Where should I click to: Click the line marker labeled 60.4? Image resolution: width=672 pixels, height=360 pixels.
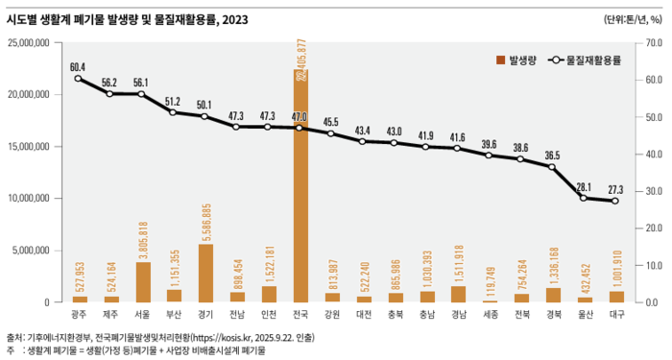pos(79,78)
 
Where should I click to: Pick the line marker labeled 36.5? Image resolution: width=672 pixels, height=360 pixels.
pos(552,167)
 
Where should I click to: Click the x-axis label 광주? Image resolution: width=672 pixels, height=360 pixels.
pos(79,313)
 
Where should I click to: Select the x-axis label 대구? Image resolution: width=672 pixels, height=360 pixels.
pos(615,313)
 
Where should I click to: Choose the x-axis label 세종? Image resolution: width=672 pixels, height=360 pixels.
pos(490,313)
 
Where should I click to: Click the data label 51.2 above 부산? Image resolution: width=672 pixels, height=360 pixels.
pos(174,101)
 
